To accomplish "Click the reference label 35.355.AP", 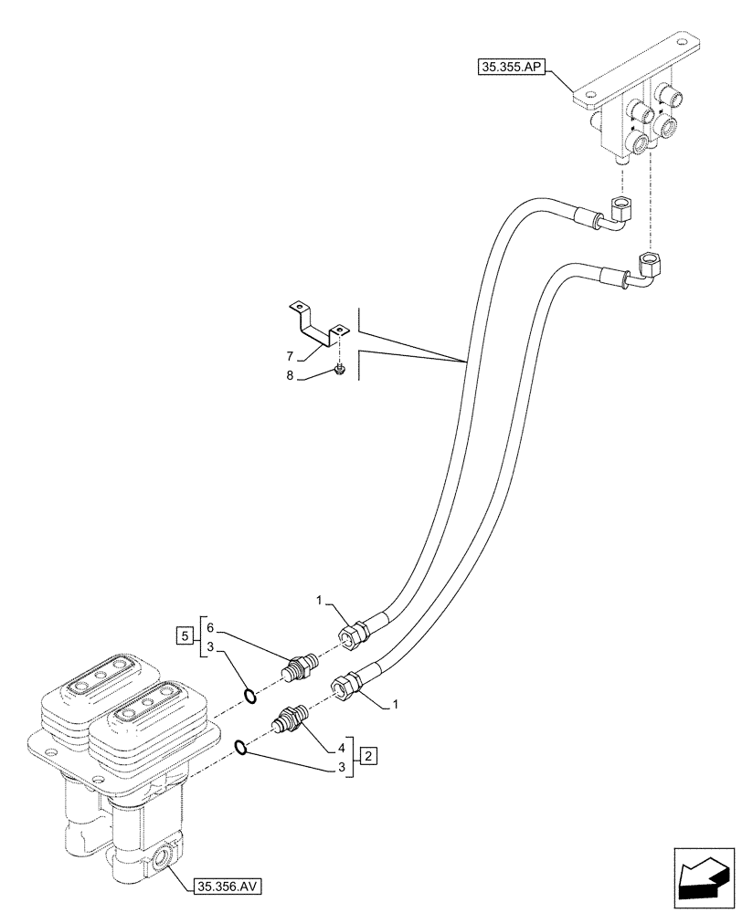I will point(510,66).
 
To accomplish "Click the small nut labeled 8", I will point(339,367).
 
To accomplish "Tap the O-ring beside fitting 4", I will point(240,749).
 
